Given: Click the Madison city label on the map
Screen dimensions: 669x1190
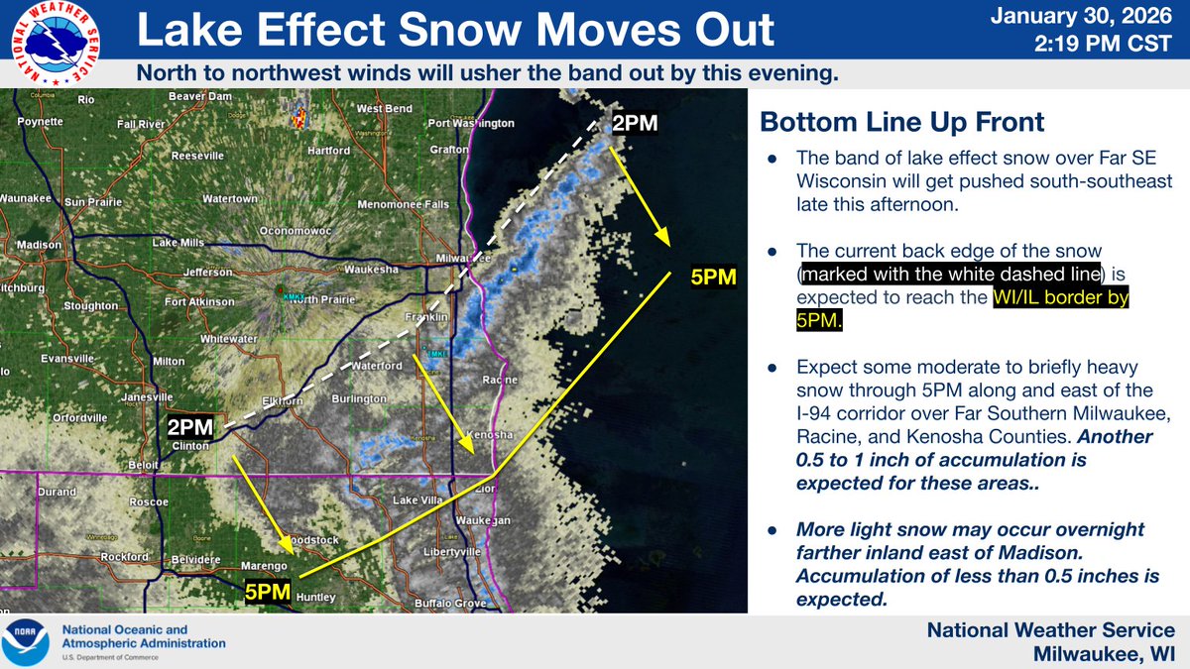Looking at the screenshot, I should click(x=41, y=245).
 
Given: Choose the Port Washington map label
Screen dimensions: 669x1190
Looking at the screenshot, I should click(x=471, y=124).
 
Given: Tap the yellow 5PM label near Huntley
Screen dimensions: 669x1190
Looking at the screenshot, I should click(x=268, y=593).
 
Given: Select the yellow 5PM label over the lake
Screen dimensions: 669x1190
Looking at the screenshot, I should click(x=713, y=279).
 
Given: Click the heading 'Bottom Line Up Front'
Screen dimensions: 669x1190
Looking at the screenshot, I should click(x=901, y=122).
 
